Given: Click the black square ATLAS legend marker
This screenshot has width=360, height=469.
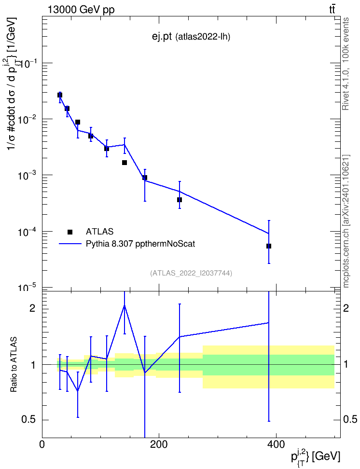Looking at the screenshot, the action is [70, 232].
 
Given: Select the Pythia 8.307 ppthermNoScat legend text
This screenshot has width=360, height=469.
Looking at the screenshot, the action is [140, 244].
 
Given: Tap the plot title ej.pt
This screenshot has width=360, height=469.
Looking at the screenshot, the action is [162, 37].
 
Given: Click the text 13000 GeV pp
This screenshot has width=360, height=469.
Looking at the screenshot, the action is [81, 10].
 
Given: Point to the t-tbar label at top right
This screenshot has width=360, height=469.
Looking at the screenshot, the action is [332, 10].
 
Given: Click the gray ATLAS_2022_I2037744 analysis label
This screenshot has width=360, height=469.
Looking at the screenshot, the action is [191, 273].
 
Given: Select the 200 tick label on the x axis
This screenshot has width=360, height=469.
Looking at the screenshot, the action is [159, 444].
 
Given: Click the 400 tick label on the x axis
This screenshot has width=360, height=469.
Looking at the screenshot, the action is [276, 444].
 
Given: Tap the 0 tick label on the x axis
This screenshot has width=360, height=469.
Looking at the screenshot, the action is [42, 444].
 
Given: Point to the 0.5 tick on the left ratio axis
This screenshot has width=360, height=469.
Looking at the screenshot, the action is [29, 420].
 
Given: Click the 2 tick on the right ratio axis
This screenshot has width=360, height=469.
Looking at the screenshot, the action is [346, 308].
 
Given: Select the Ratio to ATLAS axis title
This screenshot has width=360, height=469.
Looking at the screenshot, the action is [14, 364].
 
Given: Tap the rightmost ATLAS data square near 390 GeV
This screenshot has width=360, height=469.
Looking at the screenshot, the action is [269, 246].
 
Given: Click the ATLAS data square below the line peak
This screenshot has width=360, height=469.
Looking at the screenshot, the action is [125, 163].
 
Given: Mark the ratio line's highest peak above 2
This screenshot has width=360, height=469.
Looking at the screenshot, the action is [125, 306].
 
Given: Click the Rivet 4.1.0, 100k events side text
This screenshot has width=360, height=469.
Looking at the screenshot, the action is [346, 64].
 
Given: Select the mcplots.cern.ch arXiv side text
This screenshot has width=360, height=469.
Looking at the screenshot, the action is [346, 221].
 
